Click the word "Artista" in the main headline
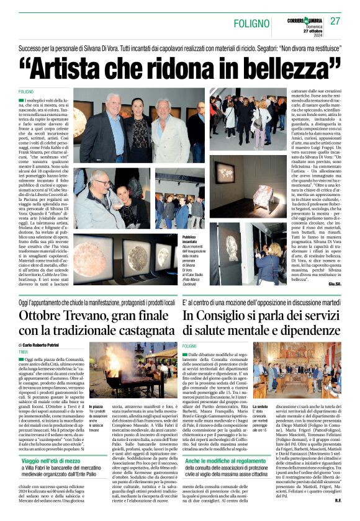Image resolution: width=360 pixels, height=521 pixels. [74, 66]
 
